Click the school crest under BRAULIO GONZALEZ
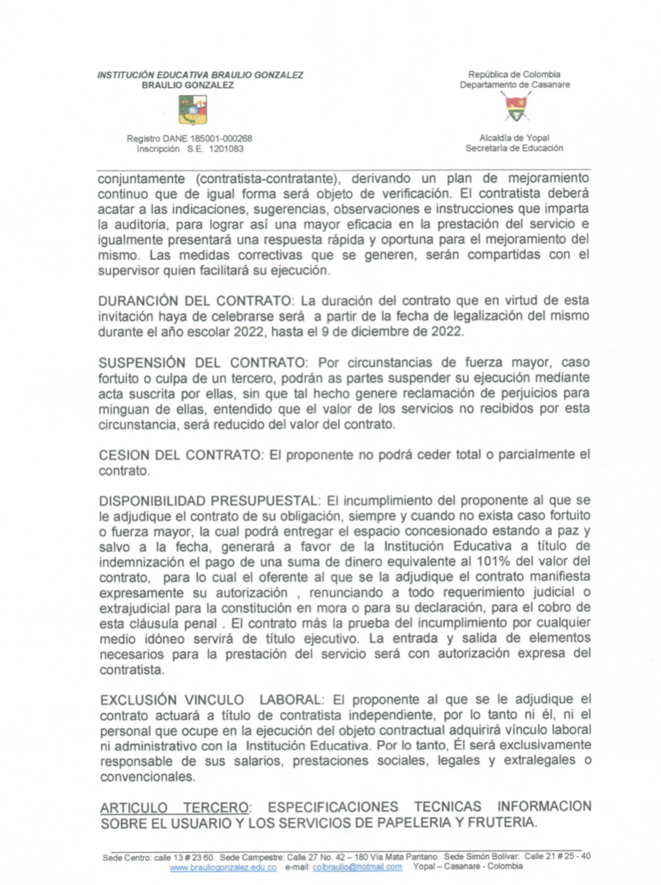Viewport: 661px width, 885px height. (193, 110)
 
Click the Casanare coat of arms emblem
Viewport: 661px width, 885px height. (516, 108)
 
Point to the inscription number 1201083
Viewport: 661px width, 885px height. (226, 149)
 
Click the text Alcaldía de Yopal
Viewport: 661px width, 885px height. (514, 138)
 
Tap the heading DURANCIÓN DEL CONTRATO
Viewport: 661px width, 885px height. (194, 301)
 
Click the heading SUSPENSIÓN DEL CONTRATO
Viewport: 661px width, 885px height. (202, 363)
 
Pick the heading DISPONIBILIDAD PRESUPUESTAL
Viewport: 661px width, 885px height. (208, 501)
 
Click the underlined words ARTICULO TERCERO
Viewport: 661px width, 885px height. (174, 808)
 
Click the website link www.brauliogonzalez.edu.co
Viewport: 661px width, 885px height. (223, 867)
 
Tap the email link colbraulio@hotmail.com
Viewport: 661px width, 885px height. (357, 867)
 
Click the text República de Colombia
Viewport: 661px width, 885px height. (514, 75)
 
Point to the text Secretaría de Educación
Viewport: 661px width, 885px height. (514, 148)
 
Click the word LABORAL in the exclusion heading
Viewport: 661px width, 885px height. (291, 700)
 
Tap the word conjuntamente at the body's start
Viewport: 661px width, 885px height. (141, 179)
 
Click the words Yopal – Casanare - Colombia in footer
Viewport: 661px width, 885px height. (468, 867)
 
